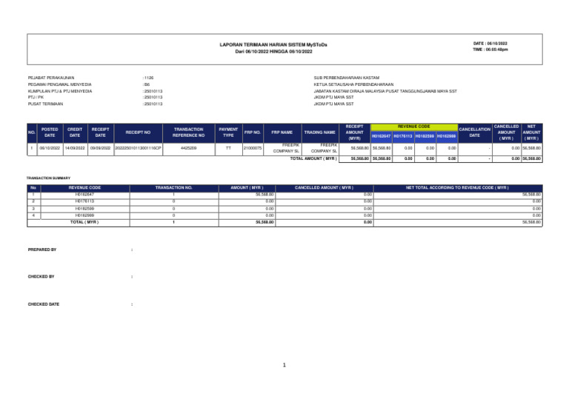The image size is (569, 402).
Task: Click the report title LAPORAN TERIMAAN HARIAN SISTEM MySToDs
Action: point(273,45)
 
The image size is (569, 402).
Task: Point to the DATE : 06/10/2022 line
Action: point(490,44)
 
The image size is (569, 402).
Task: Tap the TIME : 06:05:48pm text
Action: point(490,50)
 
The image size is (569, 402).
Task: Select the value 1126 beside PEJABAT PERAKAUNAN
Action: point(148,77)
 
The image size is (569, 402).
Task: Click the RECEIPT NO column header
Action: point(139,133)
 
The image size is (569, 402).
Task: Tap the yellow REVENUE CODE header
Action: point(413,127)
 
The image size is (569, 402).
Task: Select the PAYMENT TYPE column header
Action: point(228,133)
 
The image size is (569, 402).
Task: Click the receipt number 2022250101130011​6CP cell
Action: point(139,148)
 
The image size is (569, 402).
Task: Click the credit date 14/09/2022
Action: point(75,148)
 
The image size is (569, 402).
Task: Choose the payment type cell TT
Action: point(228,148)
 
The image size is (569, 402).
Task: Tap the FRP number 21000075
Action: point(253,148)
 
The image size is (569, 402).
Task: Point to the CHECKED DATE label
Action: point(44,304)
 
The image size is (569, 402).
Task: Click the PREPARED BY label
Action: point(42,250)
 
